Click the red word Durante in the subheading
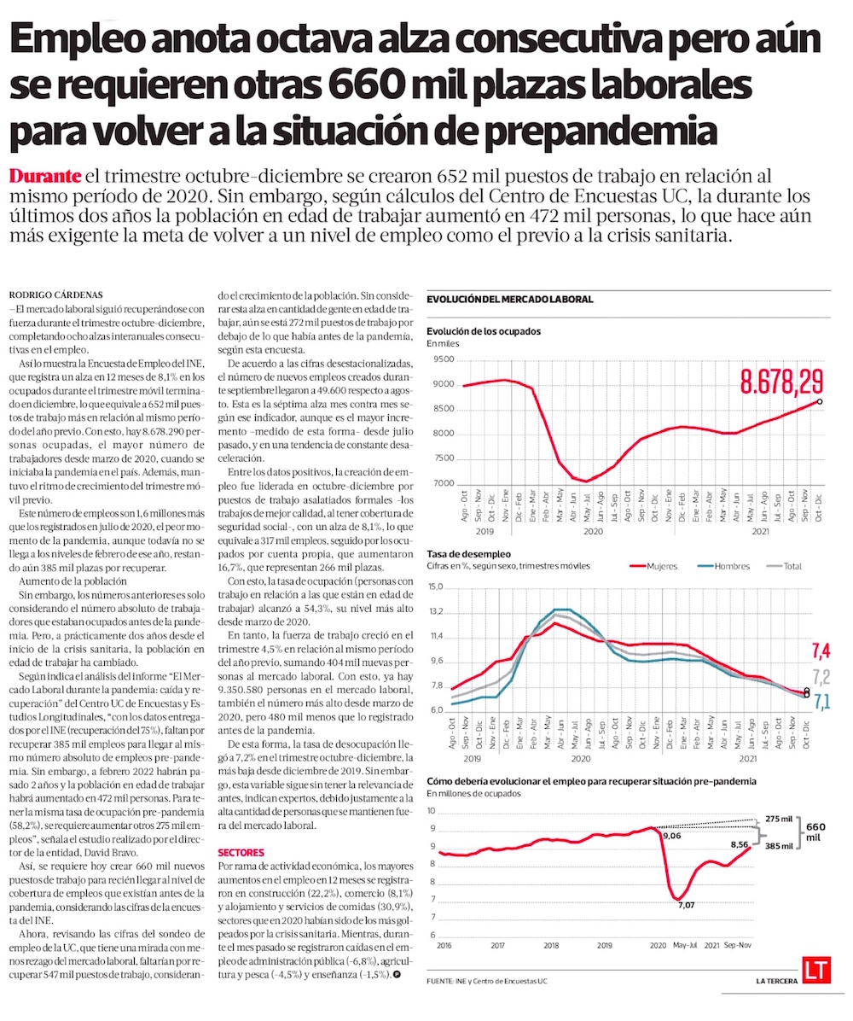(x=46, y=177)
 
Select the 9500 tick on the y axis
(x=444, y=359)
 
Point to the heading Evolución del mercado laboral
(x=509, y=300)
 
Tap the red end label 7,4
(x=820, y=653)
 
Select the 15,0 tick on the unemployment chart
(x=436, y=587)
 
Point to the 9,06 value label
(x=672, y=836)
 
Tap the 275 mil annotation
(x=780, y=819)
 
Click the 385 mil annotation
(x=780, y=845)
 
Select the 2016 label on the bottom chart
(x=444, y=946)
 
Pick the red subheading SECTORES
(x=241, y=853)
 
